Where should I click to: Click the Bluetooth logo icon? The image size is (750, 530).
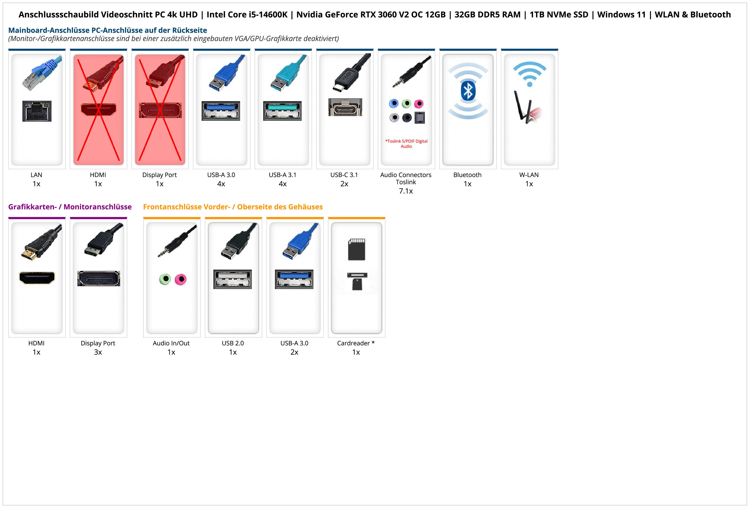pyautogui.click(x=468, y=91)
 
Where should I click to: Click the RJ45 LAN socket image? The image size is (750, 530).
pyautogui.click(x=37, y=111)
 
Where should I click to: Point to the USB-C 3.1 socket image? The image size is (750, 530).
pyautogui.click(x=345, y=107)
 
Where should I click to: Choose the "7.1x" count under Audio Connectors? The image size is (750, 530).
pyautogui.click(x=406, y=191)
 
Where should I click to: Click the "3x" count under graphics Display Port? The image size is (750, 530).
pyautogui.click(x=98, y=352)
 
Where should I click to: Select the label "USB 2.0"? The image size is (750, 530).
pyautogui.click(x=233, y=343)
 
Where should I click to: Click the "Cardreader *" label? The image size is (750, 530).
pyautogui.click(x=356, y=343)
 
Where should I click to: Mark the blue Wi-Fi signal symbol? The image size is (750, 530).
pyautogui.click(x=530, y=74)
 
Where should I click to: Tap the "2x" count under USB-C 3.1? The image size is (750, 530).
pyautogui.click(x=344, y=184)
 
